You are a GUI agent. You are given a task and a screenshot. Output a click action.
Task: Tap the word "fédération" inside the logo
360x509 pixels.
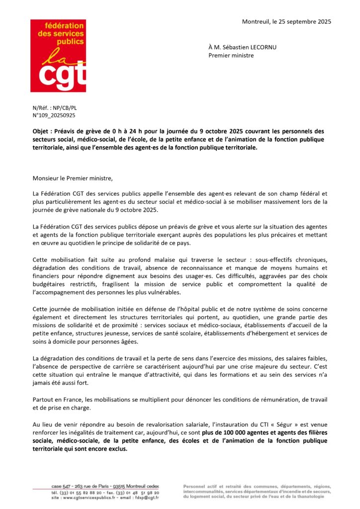tap(62, 25)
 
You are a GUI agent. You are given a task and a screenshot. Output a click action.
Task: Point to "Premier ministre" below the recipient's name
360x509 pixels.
tap(231, 55)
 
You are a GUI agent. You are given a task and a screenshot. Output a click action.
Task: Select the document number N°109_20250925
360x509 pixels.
tap(54, 115)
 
